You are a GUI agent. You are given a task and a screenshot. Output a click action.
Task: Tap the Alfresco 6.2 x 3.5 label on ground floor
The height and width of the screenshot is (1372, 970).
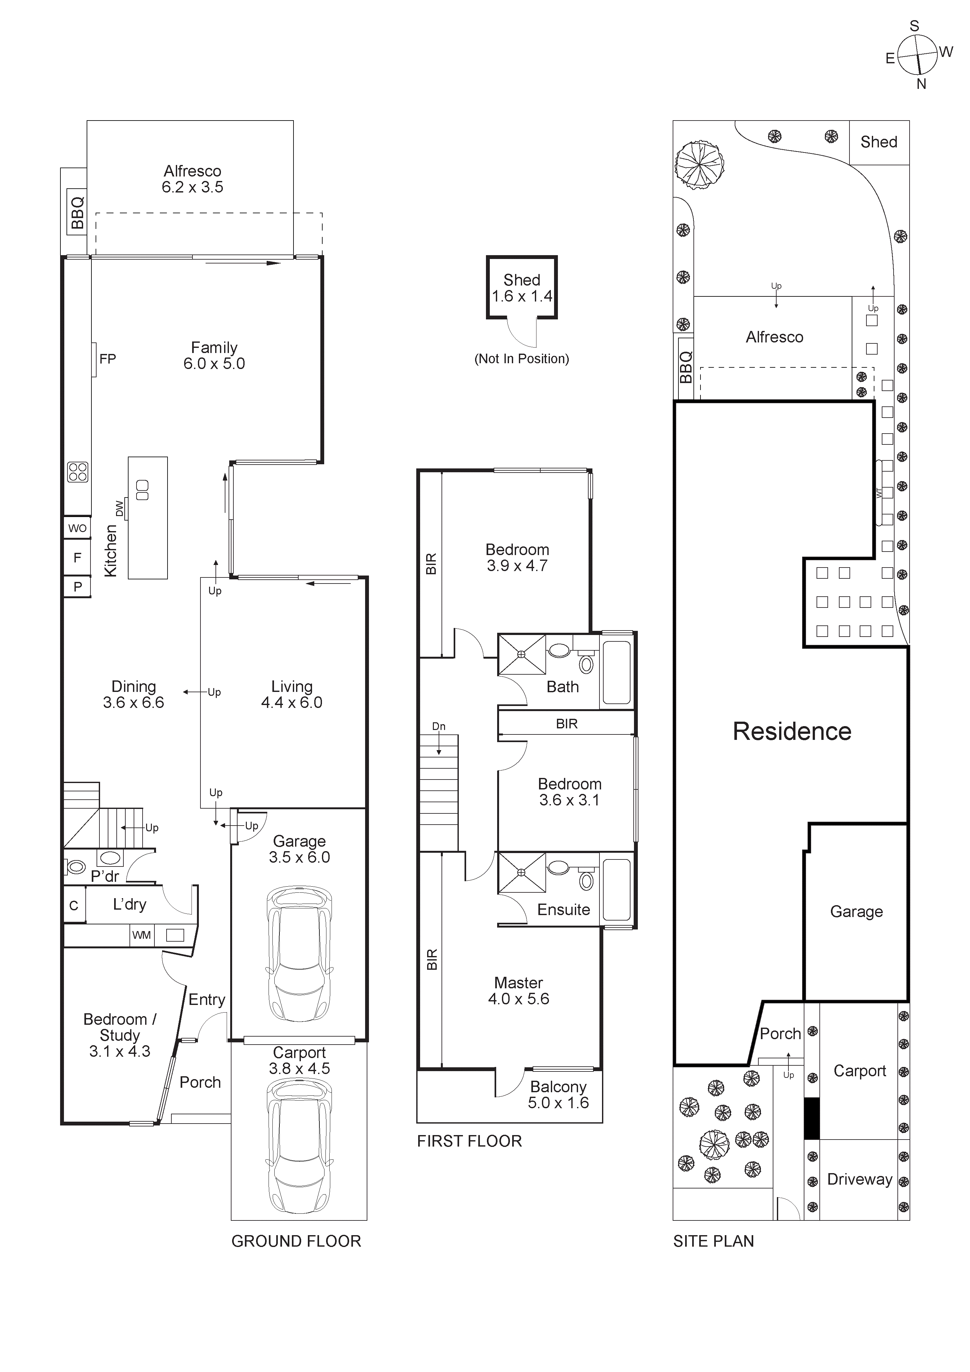click(x=192, y=179)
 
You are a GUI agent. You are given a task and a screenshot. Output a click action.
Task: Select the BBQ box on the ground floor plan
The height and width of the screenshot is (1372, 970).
click(x=77, y=213)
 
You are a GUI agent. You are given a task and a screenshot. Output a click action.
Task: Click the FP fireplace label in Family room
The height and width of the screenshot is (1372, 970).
click(x=107, y=358)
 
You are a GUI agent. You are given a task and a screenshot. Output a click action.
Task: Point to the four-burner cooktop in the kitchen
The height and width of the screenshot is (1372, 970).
click(x=78, y=472)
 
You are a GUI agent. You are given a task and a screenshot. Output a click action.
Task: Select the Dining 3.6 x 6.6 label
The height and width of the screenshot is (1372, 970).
click(x=133, y=694)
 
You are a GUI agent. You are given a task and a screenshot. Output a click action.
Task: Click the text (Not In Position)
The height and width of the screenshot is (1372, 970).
click(x=522, y=358)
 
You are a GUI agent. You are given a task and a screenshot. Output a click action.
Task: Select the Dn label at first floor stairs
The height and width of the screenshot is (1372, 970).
click(x=439, y=726)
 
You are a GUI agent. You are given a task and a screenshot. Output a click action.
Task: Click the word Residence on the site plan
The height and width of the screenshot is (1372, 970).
click(x=792, y=732)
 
